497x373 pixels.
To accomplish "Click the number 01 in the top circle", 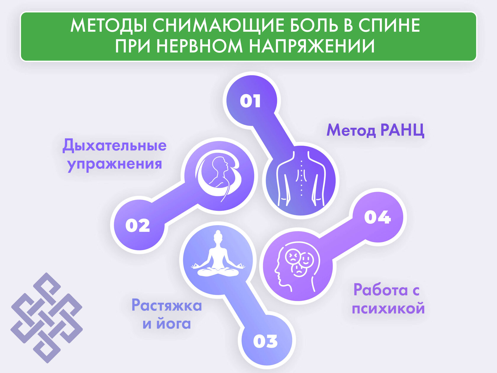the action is [250, 101].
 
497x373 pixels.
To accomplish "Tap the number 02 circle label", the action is [138, 226].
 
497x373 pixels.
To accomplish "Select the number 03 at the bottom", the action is [265, 341].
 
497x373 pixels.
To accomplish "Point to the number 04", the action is [377, 217].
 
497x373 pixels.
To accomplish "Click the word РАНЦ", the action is [402, 131].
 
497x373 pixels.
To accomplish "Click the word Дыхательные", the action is [114, 145].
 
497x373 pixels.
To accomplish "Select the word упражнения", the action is [114, 165].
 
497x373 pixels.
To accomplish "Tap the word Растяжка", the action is [167, 306].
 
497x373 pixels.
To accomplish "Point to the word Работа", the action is [380, 290].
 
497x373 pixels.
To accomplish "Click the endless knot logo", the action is [47, 318].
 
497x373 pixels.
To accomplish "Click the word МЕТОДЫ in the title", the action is [109, 25].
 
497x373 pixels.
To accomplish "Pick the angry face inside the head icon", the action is [293, 256].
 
